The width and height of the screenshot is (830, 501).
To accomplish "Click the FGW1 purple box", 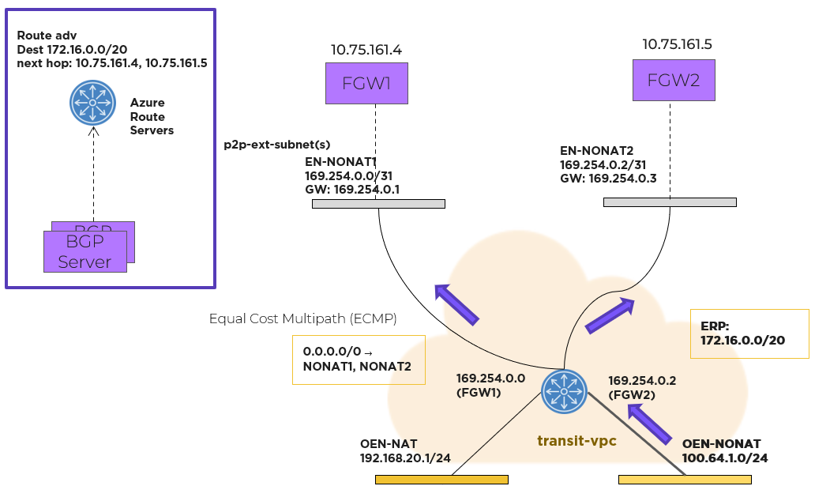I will point(367,83).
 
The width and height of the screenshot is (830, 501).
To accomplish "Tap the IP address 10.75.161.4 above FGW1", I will point(366,51).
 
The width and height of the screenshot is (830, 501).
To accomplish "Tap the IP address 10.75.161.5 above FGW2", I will point(682,44).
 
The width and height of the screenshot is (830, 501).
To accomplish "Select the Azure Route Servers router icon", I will point(92,103).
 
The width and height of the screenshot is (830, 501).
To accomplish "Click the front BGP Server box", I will point(85,251).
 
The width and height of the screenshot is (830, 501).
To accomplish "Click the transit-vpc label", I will point(576,441).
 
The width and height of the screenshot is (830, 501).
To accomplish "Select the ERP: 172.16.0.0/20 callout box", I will point(749,333).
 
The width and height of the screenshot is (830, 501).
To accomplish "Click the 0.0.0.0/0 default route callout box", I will point(358,360).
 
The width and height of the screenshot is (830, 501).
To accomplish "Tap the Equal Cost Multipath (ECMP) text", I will point(302,318).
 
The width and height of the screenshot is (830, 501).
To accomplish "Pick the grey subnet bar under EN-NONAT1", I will point(378,204).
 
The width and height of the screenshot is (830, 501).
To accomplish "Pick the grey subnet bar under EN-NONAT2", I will point(670,202).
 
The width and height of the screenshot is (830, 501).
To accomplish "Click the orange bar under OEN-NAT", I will point(441,479).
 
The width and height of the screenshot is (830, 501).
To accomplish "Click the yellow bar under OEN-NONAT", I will point(684,479).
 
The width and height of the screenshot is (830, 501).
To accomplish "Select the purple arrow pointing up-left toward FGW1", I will point(457,304).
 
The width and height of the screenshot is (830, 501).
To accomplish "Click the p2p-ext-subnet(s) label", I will point(277,145).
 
